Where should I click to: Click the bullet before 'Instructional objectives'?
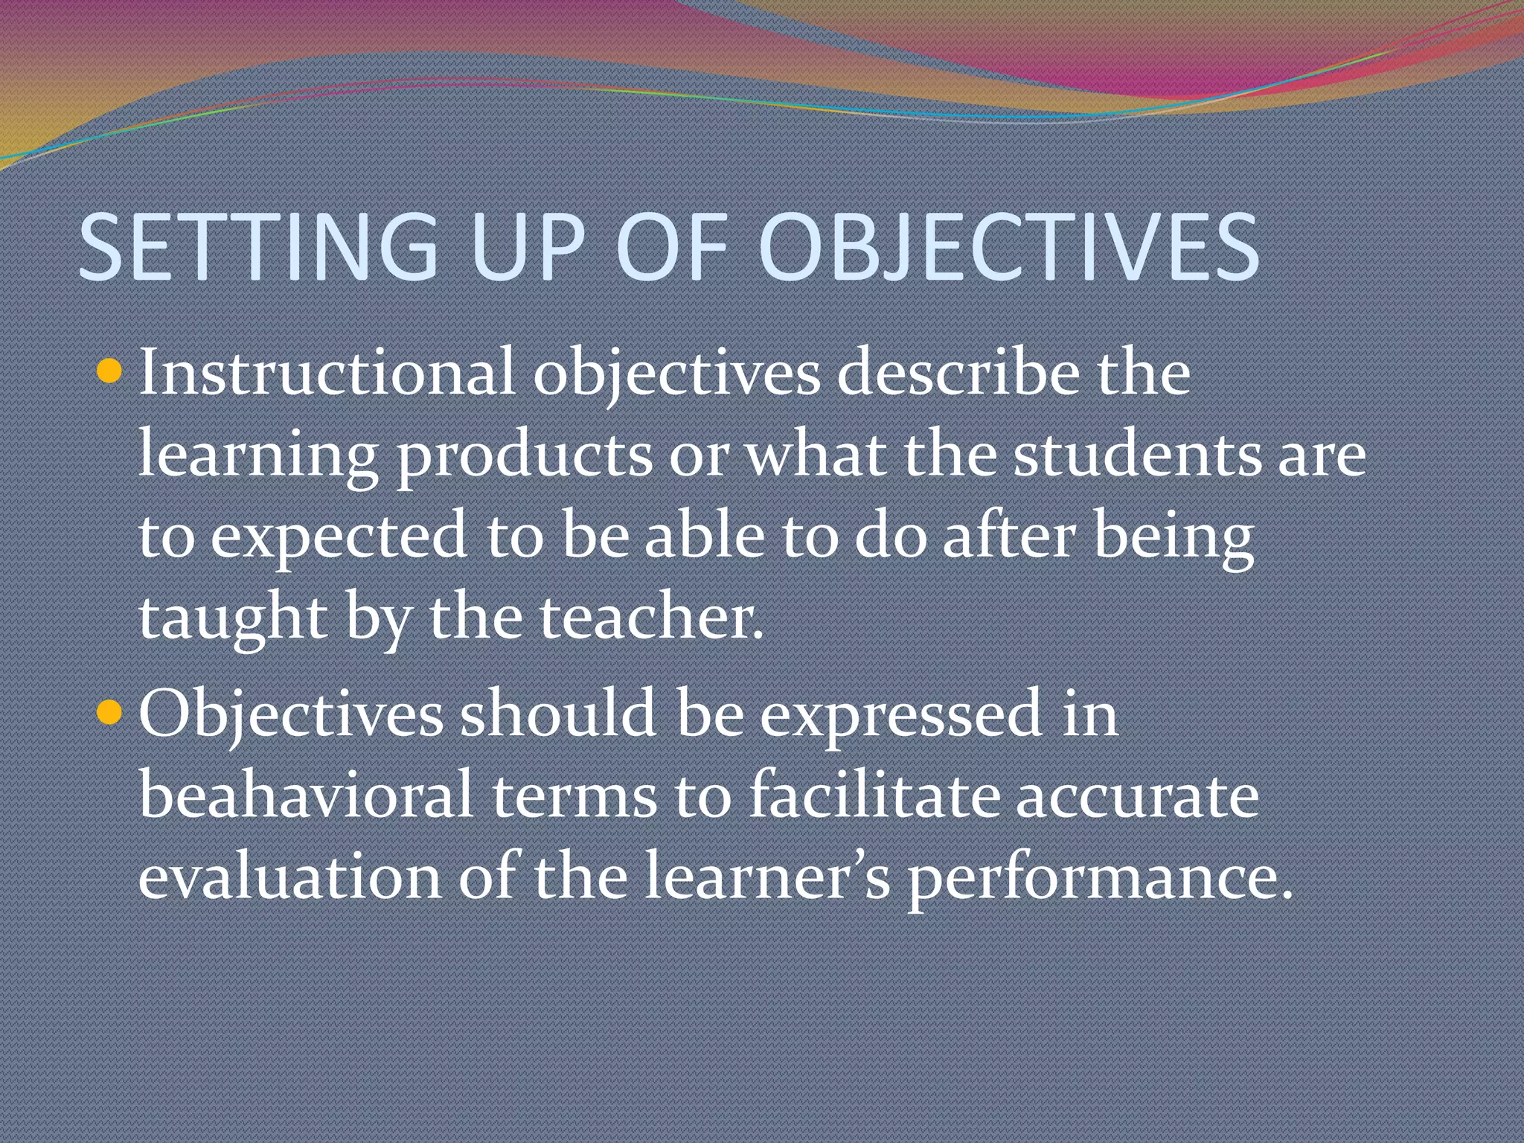[x=109, y=369]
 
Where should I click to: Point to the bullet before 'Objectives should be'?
[x=109, y=712]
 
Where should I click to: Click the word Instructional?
[x=327, y=372]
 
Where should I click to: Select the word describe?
[x=958, y=372]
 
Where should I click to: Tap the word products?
[x=524, y=455]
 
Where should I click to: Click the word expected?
[x=339, y=537]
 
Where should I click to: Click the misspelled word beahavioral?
[x=306, y=795]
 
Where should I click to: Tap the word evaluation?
[x=289, y=877]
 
